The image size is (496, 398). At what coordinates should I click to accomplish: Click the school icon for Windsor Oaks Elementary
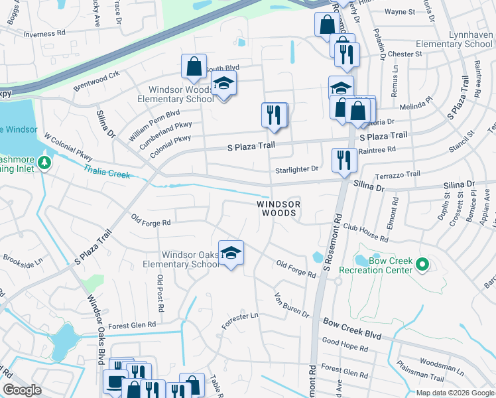click(231, 253)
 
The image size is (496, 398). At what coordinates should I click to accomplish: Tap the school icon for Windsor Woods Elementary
click(223, 84)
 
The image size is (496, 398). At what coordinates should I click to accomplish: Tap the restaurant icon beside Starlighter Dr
click(343, 161)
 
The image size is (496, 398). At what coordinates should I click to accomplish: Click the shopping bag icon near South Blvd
click(194, 67)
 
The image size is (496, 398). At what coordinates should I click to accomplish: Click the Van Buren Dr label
click(292, 304)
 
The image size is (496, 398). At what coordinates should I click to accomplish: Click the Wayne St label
click(399, 12)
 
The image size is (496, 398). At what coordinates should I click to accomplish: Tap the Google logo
click(22, 390)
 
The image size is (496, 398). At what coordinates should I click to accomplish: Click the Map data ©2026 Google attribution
click(454, 393)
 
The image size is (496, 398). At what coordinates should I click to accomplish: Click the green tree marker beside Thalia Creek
click(44, 163)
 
